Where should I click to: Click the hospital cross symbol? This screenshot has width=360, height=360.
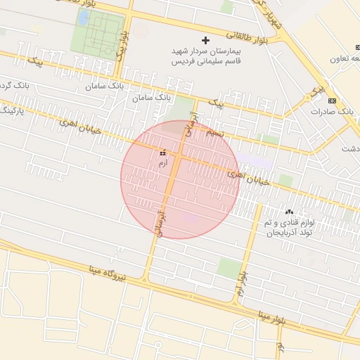pos(205,40)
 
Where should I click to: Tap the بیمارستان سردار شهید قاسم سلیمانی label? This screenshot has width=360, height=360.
pos(206,56)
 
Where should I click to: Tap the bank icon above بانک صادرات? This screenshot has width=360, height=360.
pos(332,101)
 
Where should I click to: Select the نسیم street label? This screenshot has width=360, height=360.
pos(214,132)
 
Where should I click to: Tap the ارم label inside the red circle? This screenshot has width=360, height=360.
pos(163,162)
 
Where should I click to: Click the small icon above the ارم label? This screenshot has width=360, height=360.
pos(163,152)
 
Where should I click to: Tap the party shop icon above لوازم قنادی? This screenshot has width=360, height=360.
pos(288,212)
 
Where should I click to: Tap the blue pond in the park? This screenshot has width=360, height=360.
pos(83,18)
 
